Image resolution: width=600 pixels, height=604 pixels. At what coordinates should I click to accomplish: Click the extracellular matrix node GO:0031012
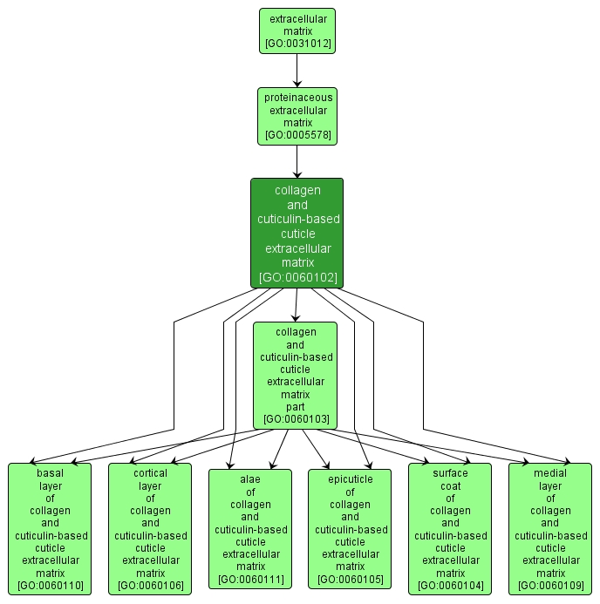(297, 31)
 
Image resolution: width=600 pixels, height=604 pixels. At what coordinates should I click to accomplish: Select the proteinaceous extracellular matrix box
(297, 116)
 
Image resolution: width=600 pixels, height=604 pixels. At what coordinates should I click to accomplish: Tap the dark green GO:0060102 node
(297, 233)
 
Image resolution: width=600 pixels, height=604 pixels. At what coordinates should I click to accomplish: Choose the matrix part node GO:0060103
(295, 375)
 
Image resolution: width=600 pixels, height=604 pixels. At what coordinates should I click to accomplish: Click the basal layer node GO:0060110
(50, 528)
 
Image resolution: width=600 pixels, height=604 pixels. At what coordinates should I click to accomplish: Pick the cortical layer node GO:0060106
(150, 528)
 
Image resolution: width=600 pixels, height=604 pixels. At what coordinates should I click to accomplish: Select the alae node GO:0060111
(250, 528)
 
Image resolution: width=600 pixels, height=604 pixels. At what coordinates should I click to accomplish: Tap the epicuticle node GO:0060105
(350, 528)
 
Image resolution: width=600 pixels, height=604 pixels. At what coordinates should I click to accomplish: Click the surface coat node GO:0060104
(450, 528)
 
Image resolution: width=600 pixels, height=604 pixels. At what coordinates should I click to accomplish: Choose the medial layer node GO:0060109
(550, 528)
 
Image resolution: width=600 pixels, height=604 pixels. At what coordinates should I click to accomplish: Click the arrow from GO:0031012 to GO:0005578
(297, 70)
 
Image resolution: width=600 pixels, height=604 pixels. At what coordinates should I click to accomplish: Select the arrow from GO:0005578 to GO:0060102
(297, 161)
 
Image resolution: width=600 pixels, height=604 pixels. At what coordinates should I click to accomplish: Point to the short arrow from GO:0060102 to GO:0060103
(297, 304)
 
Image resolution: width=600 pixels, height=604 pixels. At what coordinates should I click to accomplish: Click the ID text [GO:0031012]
(297, 43)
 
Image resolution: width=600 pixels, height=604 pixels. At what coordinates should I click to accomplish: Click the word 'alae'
(250, 479)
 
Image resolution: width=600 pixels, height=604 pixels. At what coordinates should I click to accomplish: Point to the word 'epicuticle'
(350, 479)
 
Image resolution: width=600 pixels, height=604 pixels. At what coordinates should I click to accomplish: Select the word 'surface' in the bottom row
(450, 473)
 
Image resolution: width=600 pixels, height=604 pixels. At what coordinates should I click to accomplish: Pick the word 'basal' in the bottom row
(50, 473)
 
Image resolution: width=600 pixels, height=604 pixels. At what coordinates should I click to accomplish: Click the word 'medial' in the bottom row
(550, 473)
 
